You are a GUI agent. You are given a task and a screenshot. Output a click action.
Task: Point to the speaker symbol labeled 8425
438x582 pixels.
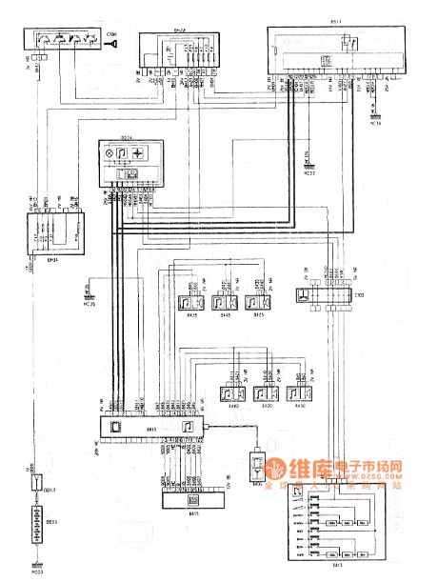tap(254, 302)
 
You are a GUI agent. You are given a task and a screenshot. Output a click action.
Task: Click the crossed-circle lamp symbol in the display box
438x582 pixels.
tap(122, 153)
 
